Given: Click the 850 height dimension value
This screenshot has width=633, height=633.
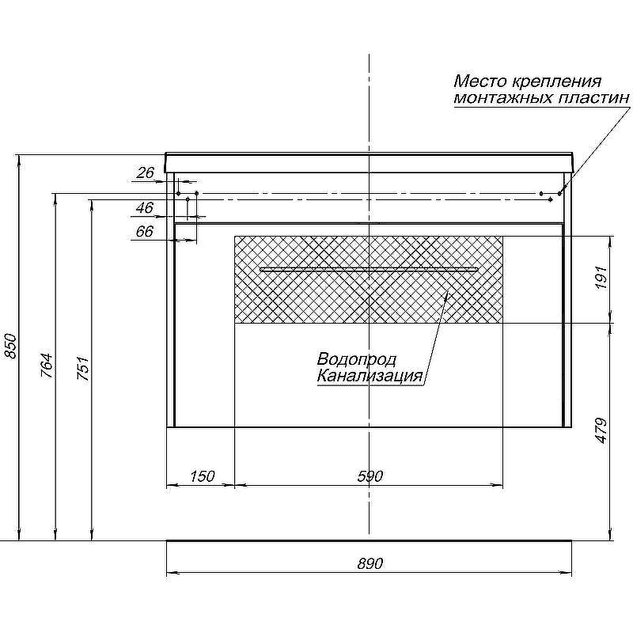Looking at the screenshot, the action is point(10,346).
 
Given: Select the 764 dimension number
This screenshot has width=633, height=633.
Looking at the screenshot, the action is point(47,366).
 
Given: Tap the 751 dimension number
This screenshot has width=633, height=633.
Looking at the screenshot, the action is point(83,369).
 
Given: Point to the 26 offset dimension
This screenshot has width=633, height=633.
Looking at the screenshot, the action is point(146,172).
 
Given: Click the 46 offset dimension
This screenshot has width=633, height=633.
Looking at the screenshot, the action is point(145,208).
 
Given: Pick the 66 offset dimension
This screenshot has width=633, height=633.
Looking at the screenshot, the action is point(145,231).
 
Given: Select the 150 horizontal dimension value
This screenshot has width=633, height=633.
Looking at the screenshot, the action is point(203,476).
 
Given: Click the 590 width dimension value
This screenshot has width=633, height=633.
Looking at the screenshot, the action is point(370,476).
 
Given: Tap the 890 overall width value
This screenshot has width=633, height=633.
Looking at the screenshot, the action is point(370,563).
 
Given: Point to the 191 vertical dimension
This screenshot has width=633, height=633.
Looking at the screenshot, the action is point(601,277).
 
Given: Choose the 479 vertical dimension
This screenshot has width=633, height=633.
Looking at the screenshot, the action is point(601,430).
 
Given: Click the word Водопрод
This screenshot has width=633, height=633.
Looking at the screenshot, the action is point(357,359).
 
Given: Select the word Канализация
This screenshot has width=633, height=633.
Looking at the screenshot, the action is point(370,376).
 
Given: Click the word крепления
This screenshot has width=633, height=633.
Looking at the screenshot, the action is point(557,82).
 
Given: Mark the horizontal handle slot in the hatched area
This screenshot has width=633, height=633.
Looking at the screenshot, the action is point(369,269).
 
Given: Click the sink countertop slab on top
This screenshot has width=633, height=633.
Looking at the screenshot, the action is point(369,163).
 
